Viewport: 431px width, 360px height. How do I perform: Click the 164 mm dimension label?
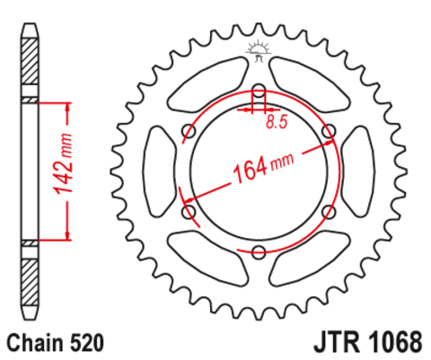click(263, 168)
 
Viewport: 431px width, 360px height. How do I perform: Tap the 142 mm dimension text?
click(63, 163)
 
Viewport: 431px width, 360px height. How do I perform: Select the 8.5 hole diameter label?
click(277, 122)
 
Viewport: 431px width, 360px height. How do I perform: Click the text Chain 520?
click(56, 343)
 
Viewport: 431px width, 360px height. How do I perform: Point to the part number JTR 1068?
click(368, 342)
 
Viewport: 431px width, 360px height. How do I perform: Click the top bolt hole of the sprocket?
click(259, 90)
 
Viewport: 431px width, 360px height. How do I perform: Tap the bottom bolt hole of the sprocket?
click(259, 251)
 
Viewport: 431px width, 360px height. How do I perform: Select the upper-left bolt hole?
click(189, 130)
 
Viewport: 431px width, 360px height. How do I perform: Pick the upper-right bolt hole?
click(329, 130)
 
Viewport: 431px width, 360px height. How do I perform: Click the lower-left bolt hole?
click(189, 211)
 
